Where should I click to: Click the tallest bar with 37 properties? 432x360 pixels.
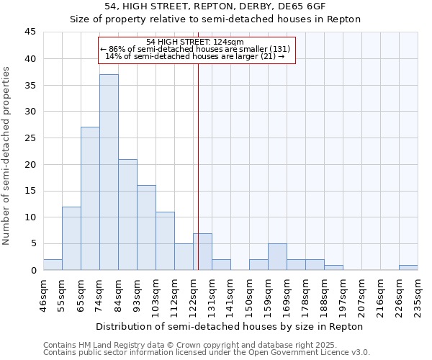pos(109,173)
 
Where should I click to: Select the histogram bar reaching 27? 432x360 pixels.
pos(90,199)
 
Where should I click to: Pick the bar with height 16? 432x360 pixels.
pos(146,228)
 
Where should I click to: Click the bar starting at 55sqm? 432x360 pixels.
pos(71,238)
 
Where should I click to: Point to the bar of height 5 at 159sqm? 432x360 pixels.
pos(277,257)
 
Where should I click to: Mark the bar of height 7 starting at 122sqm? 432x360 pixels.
pos(202,252)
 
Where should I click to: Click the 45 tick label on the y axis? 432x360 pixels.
pos(30,32)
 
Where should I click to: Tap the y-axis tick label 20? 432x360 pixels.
pos(30,164)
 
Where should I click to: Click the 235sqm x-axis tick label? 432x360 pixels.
pos(418,294)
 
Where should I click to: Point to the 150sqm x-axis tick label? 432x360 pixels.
pos(250,294)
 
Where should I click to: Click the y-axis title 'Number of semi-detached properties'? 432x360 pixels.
pos(7,156)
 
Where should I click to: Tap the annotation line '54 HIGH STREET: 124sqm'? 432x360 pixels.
pos(195,42)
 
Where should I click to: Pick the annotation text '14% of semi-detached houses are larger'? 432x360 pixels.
pos(195,56)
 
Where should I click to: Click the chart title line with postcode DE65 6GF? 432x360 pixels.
pos(215,6)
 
